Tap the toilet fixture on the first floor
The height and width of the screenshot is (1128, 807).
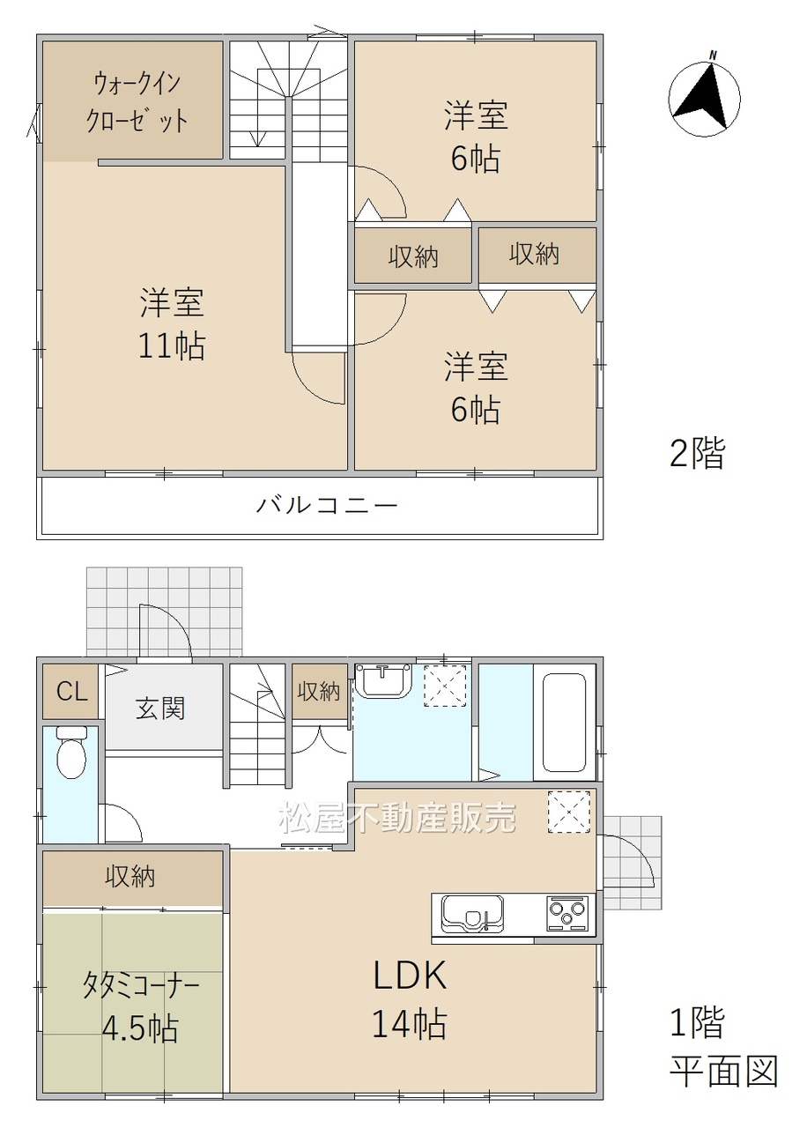tap(71, 753)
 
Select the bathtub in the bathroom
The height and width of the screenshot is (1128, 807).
tap(564, 724)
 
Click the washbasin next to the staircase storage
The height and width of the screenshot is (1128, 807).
tap(383, 680)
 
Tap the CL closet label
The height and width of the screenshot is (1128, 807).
tap(72, 692)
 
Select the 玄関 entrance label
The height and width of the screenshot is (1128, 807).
tap(160, 708)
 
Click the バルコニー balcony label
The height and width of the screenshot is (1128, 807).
tap(327, 505)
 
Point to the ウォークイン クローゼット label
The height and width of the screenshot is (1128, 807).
tap(137, 103)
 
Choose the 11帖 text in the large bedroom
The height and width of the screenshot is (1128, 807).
tap(172, 346)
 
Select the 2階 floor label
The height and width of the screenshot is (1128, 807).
tap(697, 453)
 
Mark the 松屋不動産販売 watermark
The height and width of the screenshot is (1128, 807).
tap(397, 816)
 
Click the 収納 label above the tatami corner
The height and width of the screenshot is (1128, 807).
tap(130, 877)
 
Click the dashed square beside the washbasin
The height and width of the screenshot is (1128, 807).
tap(445, 686)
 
